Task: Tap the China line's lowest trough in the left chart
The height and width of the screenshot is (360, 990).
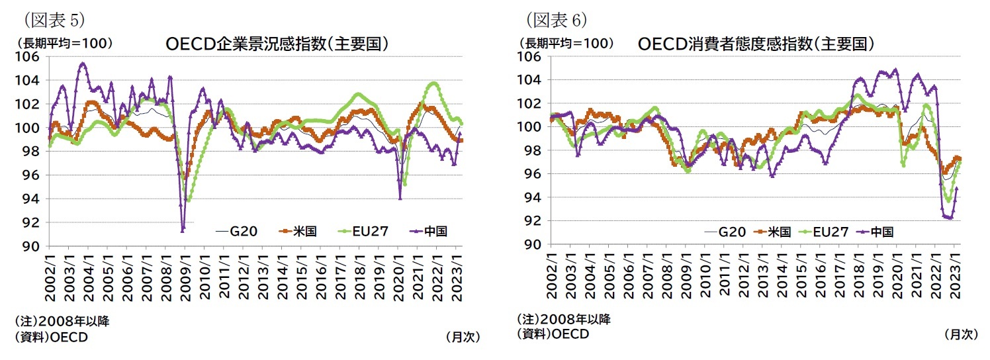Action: [x=183, y=229]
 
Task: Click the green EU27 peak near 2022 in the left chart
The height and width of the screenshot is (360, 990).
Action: [x=433, y=83]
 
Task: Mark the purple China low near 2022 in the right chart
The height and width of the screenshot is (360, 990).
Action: [x=948, y=217]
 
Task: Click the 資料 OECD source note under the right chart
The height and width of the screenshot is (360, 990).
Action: [x=553, y=334]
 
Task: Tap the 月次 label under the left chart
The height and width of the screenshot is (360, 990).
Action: [x=463, y=337]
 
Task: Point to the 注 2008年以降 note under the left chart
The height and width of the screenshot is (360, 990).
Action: [x=62, y=322]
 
